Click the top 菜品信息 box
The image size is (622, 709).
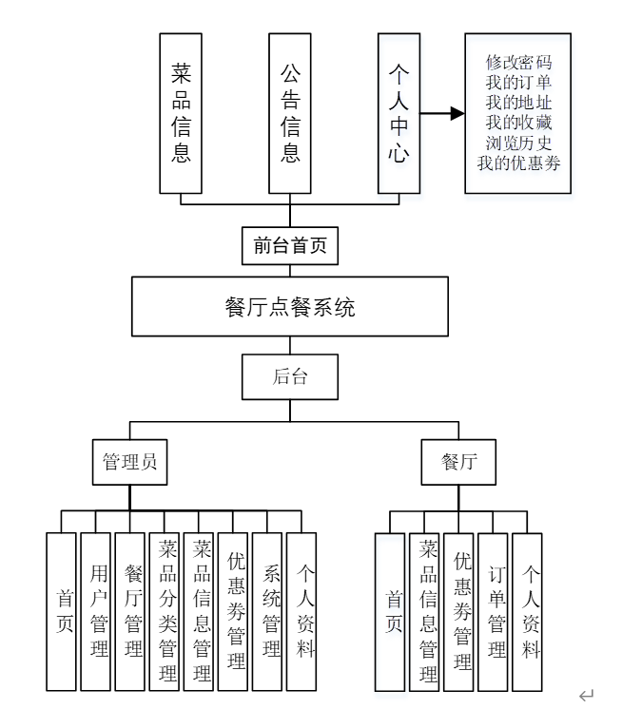click(181, 113)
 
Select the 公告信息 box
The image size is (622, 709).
click(290, 113)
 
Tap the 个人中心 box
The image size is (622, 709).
click(398, 113)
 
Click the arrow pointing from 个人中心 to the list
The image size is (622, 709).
click(442, 114)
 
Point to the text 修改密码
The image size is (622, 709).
click(518, 63)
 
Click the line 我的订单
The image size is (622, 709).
click(518, 83)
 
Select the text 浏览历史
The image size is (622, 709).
click(518, 143)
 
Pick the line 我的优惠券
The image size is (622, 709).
click(518, 163)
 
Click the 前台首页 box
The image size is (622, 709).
click(289, 246)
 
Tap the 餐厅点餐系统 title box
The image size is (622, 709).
click(289, 307)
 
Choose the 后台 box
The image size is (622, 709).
click(289, 376)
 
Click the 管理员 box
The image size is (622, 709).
click(129, 462)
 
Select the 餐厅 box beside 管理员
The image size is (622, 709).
click(458, 462)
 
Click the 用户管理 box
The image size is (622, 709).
click(96, 611)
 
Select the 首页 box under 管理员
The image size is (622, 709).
click(62, 611)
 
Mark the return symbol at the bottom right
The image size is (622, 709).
click(587, 696)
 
